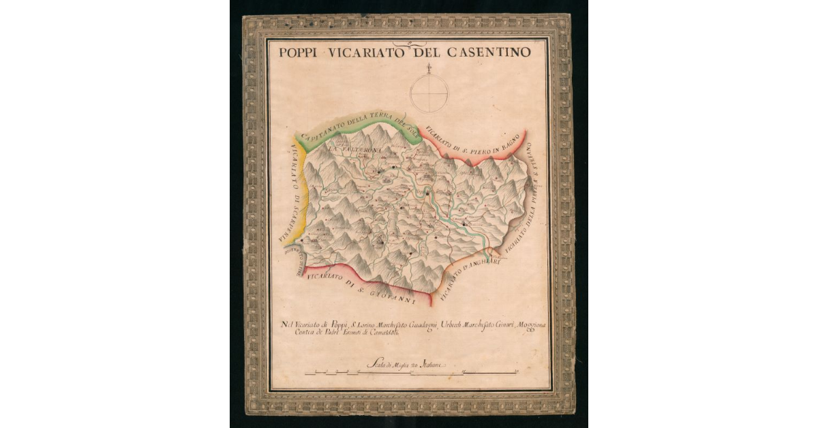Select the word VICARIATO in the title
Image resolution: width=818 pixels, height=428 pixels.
[x=368, y=52]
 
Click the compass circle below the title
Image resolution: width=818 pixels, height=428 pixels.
[x=429, y=93]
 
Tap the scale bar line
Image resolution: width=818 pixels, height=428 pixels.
[x=409, y=373]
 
